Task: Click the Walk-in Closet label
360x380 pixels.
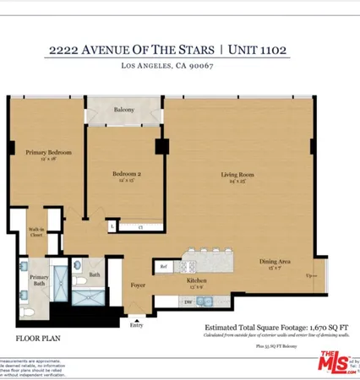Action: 36,231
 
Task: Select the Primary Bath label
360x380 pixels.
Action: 39,280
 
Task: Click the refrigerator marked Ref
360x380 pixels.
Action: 163,267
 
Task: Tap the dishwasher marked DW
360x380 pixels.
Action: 188,301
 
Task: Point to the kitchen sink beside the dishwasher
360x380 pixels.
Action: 206,301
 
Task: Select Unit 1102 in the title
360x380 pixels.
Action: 256,50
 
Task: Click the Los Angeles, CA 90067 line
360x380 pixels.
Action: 179,66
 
